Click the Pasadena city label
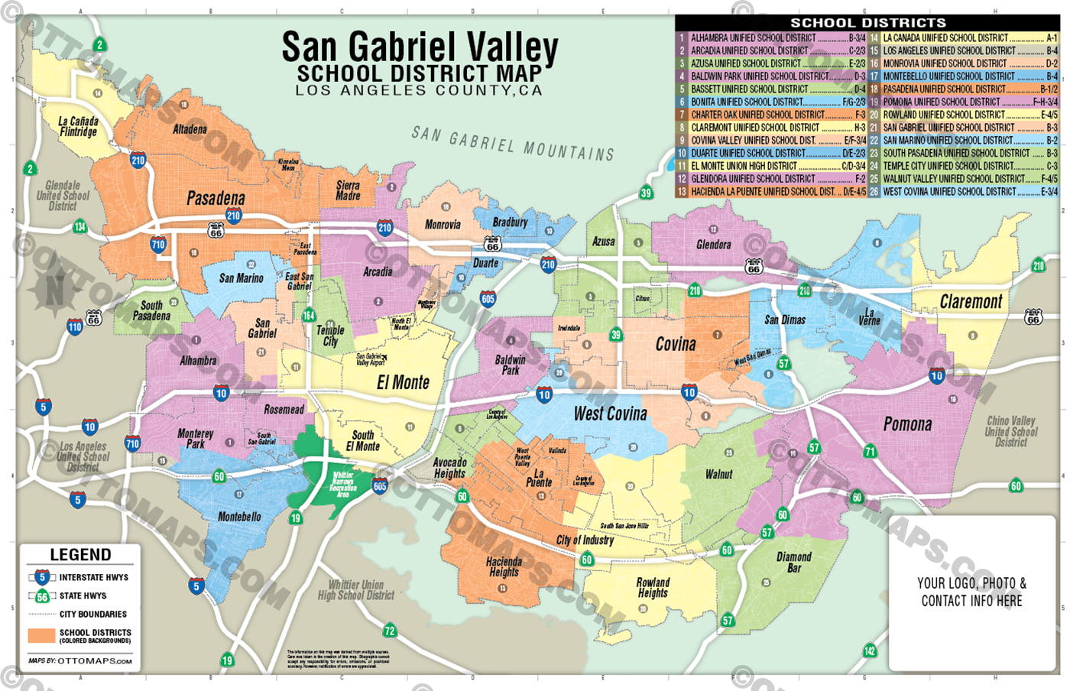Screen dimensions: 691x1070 pos(216,199)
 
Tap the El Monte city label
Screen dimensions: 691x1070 pos(403,382)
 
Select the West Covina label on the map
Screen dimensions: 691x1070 pos(610,414)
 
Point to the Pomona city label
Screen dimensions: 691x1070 pos(907,424)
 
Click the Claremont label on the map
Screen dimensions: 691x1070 pos(971,302)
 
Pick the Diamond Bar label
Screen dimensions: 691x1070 pos(794,562)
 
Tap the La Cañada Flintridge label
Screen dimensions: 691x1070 pos(79,126)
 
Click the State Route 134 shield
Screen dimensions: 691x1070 pos(80,226)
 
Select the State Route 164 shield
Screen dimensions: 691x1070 pos(309,315)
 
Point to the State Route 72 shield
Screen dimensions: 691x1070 pos(390,631)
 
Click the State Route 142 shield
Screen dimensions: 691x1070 pos(870,650)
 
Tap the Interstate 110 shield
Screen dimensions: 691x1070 pos(74,327)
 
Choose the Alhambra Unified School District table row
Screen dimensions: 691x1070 pos(772,37)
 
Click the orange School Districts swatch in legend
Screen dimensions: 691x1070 pos(41,635)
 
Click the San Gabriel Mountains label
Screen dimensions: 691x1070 pos(512,144)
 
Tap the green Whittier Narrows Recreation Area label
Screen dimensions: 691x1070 pos(342,485)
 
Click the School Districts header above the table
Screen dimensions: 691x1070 pos(867,23)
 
